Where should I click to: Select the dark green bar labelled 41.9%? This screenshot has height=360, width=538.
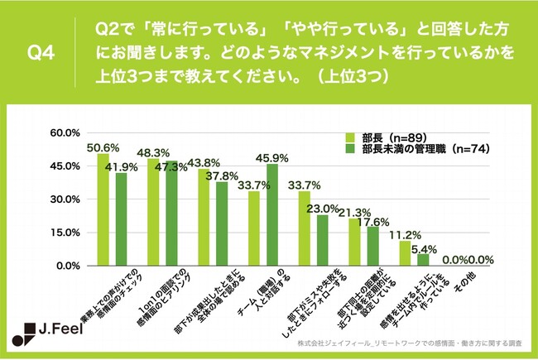tap(121, 219)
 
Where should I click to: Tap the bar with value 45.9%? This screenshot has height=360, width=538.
tap(271, 215)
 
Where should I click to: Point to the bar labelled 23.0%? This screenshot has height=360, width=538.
tap(322, 240)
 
